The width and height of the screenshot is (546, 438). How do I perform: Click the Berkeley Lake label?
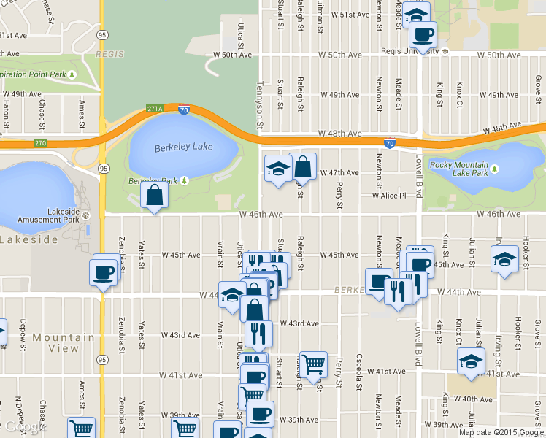coord(183,147)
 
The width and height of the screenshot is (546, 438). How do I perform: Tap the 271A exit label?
coord(154,109)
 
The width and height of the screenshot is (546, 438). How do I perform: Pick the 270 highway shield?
coord(39,142)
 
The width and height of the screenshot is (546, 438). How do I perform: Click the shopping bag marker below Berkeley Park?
coord(154,195)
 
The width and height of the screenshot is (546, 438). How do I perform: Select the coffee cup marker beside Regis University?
coord(422,34)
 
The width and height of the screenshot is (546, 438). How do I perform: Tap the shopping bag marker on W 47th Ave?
coord(302,167)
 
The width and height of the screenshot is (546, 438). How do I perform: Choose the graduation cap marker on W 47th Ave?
coord(277,169)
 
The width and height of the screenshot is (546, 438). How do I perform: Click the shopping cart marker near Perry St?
coord(313,363)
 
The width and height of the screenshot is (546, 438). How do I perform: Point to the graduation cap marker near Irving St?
coord(504,259)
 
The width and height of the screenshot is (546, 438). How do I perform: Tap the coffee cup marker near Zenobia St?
coord(102,272)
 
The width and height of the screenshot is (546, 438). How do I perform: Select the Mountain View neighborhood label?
coord(63,342)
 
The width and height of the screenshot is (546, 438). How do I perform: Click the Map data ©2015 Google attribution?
coord(501,432)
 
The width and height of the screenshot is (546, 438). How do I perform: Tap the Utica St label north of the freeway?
coord(241,32)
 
